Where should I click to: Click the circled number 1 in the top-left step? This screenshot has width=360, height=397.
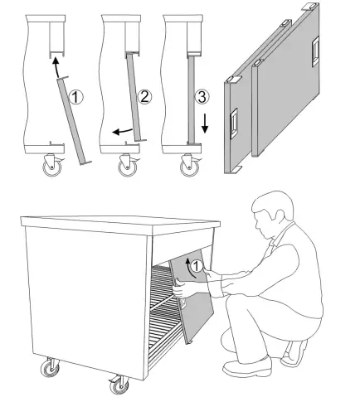76,97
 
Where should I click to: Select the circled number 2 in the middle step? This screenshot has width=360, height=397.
144,97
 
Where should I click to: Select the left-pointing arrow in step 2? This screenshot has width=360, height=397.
121,130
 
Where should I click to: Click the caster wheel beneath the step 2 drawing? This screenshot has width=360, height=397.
127,168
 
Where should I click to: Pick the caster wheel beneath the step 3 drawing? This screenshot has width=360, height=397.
187,168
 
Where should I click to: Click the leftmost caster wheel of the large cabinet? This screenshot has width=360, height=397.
49,368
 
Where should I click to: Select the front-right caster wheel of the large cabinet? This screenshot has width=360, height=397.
117,385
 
